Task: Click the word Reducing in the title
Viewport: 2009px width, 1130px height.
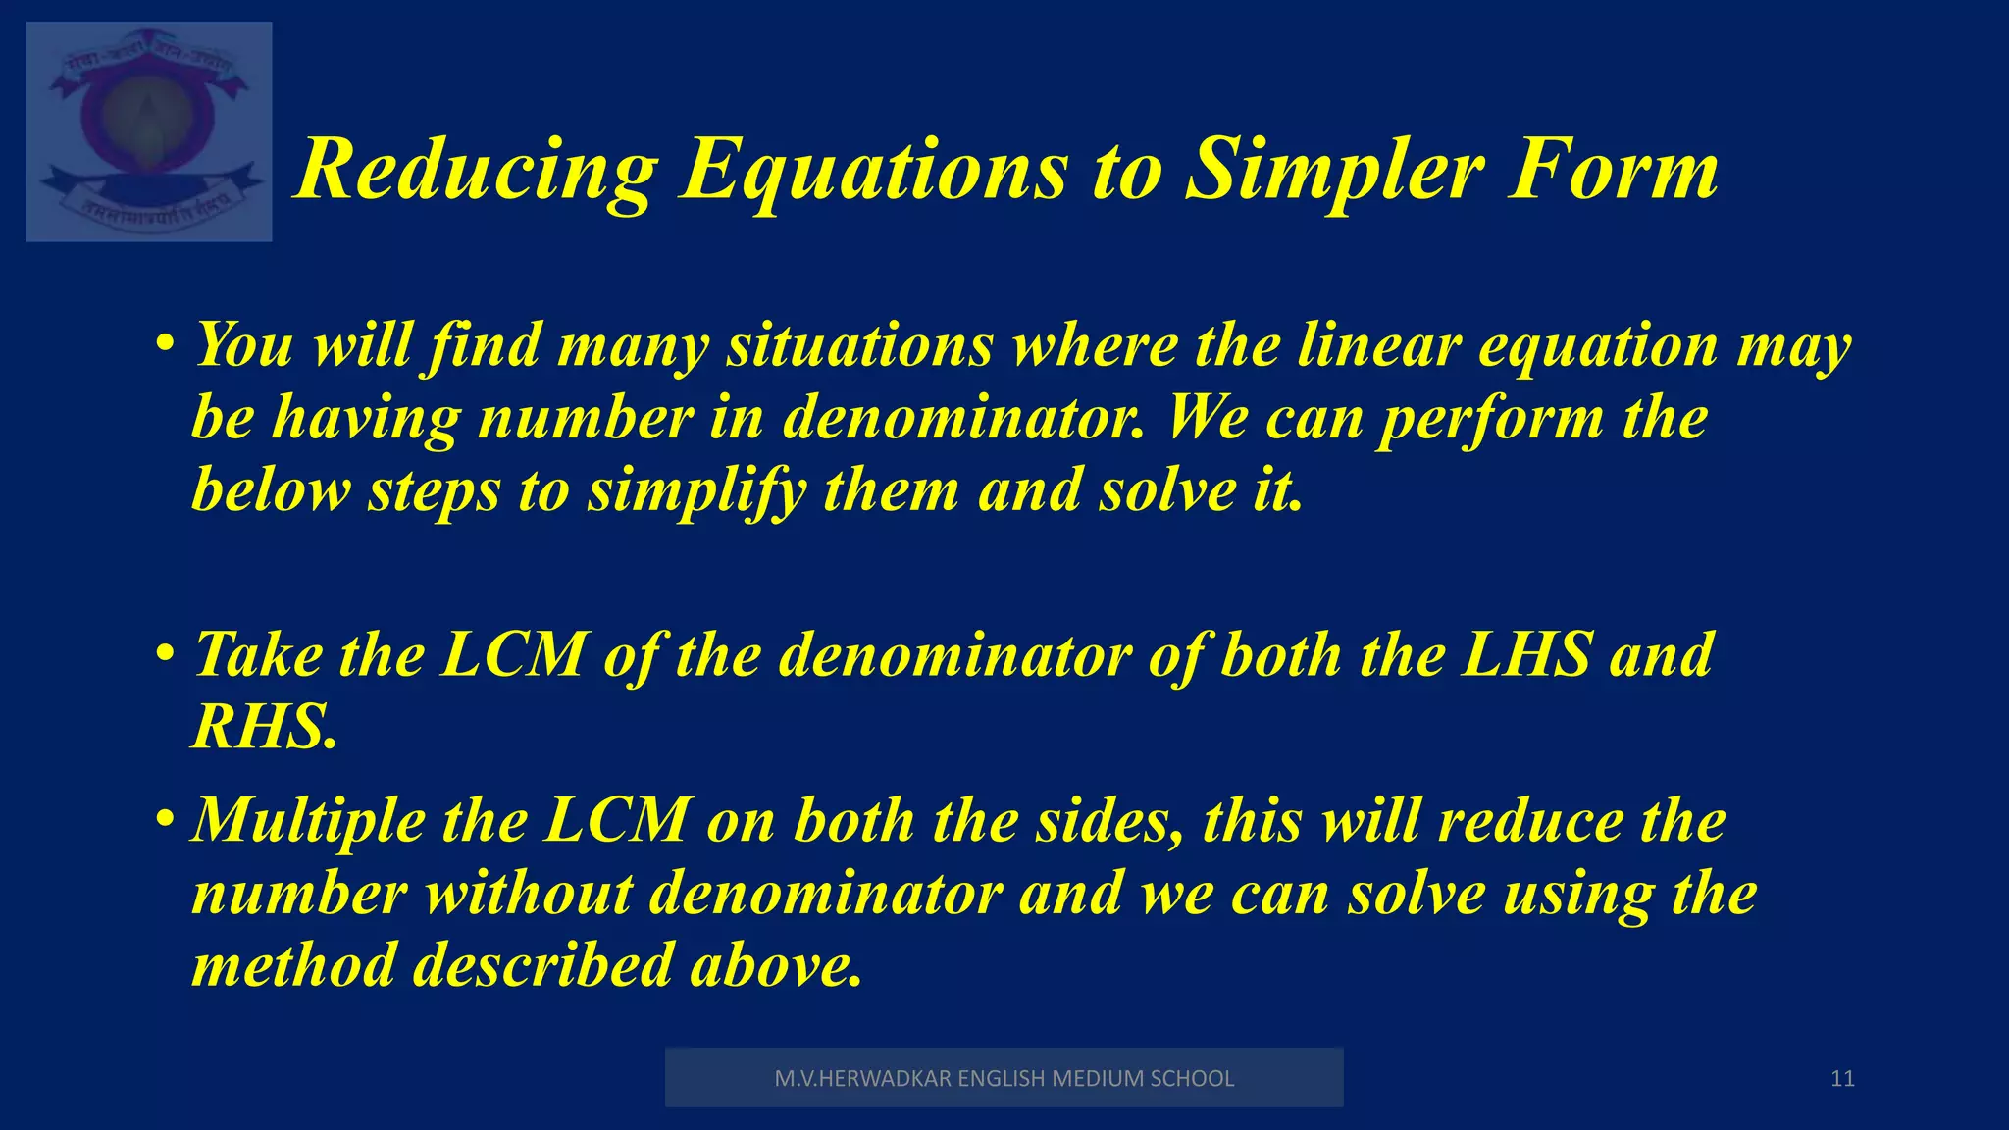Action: click(x=476, y=172)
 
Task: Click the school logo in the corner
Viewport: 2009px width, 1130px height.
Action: click(x=149, y=131)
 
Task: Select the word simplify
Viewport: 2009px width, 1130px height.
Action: click(x=696, y=490)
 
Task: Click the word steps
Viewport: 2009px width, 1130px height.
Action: click(x=434, y=490)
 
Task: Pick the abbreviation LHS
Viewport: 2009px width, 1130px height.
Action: click(x=1525, y=654)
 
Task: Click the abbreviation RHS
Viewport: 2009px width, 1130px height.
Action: click(x=265, y=727)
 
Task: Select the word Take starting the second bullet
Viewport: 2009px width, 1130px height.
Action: click(x=258, y=654)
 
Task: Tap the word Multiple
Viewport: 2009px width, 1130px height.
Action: click(x=308, y=821)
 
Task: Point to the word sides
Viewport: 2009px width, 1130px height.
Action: click(x=1109, y=821)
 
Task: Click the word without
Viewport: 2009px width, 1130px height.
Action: click(x=529, y=894)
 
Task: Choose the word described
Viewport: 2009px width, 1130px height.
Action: click(x=542, y=965)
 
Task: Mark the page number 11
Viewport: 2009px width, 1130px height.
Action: click(x=1842, y=1079)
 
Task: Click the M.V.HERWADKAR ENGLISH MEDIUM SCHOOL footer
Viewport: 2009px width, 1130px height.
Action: click(x=1004, y=1078)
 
